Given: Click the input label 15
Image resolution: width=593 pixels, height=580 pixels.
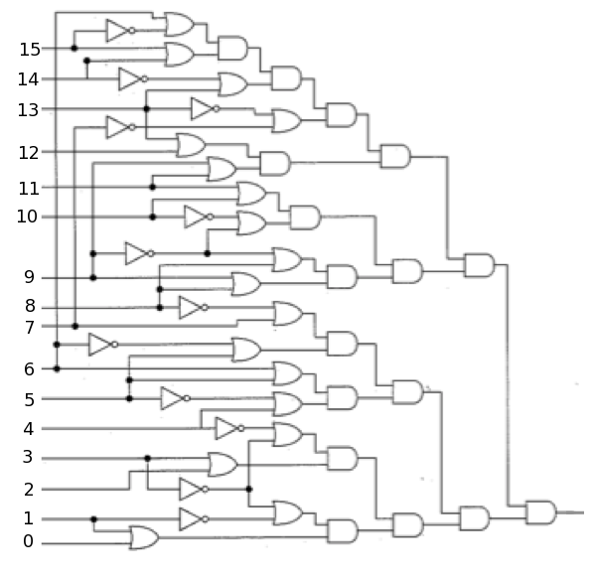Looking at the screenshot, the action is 30,50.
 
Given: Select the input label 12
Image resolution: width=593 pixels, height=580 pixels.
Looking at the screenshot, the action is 29,153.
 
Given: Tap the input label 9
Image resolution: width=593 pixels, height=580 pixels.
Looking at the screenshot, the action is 29,277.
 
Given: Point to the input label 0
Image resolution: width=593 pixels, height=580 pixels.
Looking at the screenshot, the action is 29,541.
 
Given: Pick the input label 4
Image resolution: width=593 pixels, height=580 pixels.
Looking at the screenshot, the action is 29,429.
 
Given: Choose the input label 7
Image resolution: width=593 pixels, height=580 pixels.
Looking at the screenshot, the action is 29,328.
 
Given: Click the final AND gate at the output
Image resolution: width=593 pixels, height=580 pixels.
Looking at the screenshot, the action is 540,512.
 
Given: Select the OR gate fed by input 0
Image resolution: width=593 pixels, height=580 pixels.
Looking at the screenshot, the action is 144,537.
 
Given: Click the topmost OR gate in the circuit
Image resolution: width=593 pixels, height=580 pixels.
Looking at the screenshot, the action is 180,24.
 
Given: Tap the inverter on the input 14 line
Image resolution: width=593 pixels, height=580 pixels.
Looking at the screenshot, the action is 133,79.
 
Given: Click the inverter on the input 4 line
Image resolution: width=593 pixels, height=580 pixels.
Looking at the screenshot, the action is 229,428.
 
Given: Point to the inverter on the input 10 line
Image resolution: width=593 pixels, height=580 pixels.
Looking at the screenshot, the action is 199,217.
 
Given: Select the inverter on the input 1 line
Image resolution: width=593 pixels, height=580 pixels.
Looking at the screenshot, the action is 194,519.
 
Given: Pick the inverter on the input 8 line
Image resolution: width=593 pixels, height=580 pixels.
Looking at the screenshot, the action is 194,308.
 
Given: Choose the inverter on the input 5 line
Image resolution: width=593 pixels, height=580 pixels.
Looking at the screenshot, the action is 176,398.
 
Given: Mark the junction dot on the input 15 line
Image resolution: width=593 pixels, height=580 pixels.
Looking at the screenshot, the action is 74,48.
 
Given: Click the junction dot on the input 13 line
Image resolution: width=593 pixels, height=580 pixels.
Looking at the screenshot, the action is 146,109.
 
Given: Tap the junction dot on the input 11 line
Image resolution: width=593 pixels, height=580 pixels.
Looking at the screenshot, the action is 152,187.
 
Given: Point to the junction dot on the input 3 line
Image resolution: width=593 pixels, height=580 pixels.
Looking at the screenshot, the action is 147,458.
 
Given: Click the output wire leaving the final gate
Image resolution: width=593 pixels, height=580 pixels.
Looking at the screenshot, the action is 570,512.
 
